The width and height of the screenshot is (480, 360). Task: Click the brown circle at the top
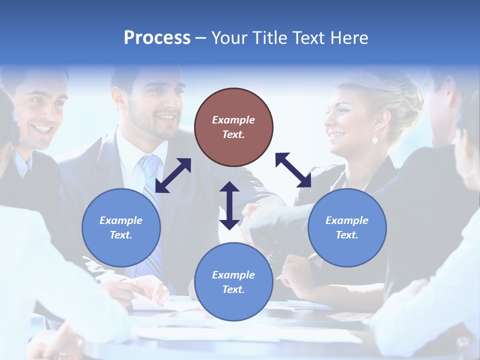pos(233,127)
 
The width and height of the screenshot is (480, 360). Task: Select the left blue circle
pos(121,227)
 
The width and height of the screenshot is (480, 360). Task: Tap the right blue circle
pos(347,227)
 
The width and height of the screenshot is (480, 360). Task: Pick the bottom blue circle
pos(233,282)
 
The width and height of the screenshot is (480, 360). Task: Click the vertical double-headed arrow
pos(229,205)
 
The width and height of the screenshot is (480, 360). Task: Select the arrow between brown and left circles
pos(173,175)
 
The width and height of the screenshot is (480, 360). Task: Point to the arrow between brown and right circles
pos(293,170)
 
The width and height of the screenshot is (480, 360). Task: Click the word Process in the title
pos(157,38)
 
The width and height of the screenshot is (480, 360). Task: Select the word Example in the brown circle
pos(233,120)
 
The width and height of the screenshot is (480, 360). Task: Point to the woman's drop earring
pos(374,138)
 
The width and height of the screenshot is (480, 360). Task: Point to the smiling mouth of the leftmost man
pos(42,128)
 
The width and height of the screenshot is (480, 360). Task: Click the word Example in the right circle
pos(347,220)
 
